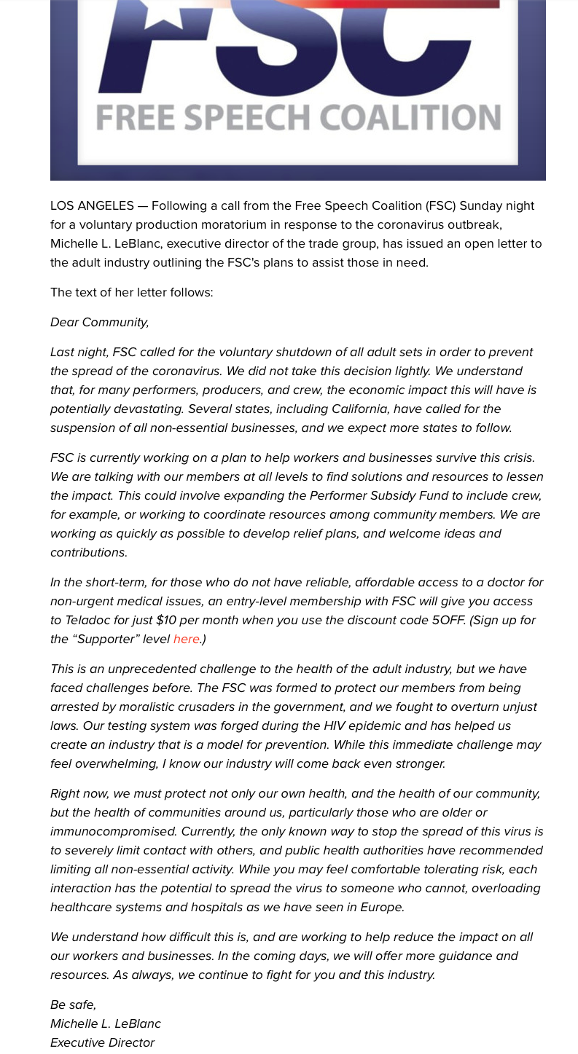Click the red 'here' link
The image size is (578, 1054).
click(187, 640)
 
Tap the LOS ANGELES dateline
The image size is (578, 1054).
click(92, 206)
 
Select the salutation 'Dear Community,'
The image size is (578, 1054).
click(100, 323)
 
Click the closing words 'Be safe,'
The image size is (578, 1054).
click(73, 1005)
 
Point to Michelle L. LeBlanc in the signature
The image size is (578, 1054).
click(106, 1024)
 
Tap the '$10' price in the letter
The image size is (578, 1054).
click(165, 621)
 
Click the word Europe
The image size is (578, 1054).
click(381, 908)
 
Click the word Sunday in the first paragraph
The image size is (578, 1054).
click(481, 206)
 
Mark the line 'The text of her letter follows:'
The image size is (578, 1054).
click(132, 293)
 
